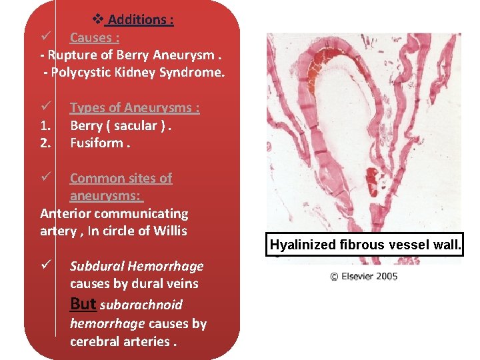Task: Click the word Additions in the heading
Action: (x=141, y=20)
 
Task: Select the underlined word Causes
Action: (x=94, y=37)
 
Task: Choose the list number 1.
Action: (x=46, y=125)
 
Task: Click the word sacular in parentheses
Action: (x=135, y=125)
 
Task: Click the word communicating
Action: (x=141, y=214)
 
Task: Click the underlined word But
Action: (x=83, y=304)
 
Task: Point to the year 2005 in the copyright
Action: (x=384, y=275)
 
